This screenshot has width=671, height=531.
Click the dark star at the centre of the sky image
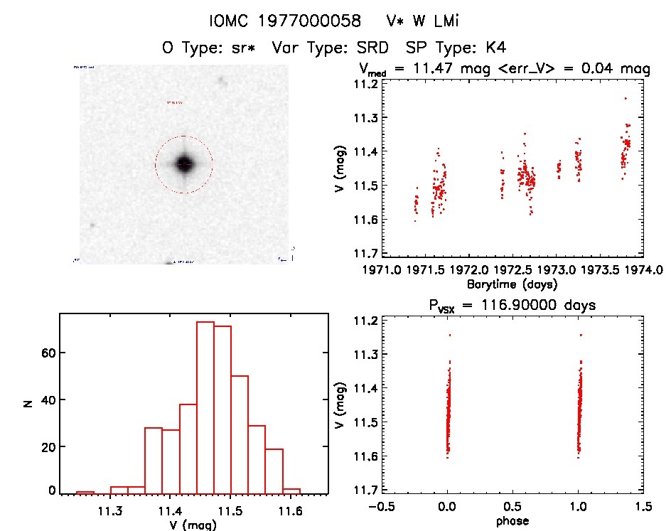[183, 164]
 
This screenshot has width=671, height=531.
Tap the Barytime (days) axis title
[512, 284]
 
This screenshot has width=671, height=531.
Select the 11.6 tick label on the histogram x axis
[290, 510]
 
